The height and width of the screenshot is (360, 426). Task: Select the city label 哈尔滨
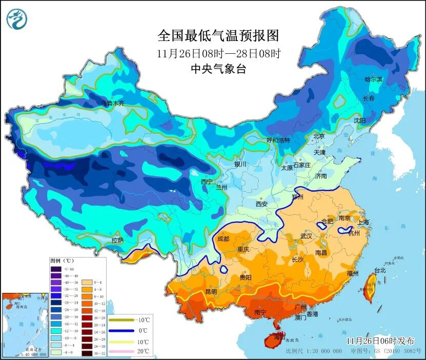[373, 79]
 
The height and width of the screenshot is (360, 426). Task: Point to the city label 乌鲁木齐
[112, 103]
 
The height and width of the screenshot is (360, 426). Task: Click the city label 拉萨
[117, 240]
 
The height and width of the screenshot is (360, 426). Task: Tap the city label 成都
[224, 238]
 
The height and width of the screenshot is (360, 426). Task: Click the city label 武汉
[306, 236]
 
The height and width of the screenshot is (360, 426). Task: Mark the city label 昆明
[211, 291]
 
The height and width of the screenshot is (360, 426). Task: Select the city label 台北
[380, 270]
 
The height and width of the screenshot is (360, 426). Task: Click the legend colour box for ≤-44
[55, 269]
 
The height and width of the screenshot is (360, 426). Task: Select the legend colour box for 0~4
[85, 282]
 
